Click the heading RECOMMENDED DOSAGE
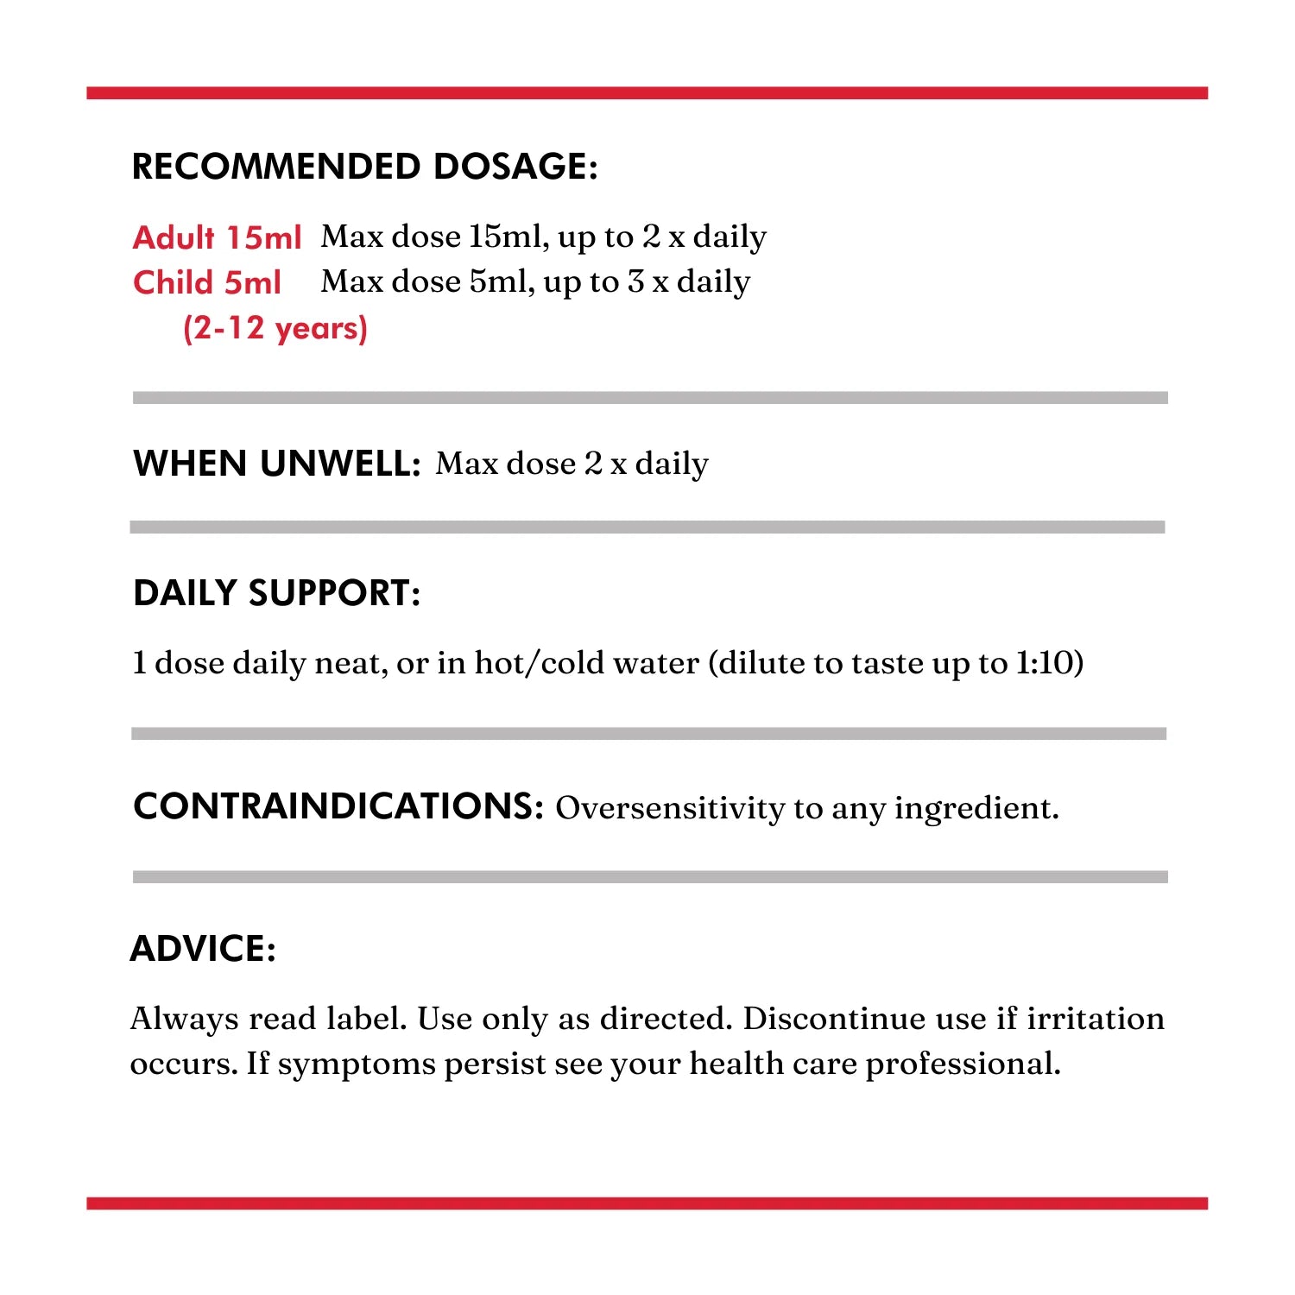[363, 167]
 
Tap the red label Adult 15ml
[217, 237]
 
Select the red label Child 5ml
[207, 282]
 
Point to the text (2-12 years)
[275, 328]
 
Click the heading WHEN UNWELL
[276, 464]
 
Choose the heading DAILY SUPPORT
[276, 593]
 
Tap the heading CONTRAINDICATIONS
[338, 806]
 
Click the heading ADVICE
[203, 949]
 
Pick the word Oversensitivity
[669, 808]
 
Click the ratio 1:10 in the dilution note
[1048, 663]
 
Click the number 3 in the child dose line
[636, 281]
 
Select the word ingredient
[976, 808]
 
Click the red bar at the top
[647, 93]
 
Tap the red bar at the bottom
[647, 1203]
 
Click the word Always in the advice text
[184, 1019]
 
